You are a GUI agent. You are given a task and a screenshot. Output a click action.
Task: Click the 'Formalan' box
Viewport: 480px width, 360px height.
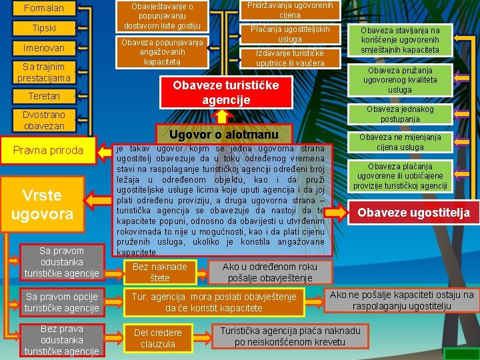point(44,9)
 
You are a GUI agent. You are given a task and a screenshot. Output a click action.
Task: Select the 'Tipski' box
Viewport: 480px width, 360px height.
point(44,28)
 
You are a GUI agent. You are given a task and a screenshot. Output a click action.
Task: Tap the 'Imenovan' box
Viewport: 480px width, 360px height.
point(44,48)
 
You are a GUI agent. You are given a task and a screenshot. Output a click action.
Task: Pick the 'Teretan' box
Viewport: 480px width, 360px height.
point(44,96)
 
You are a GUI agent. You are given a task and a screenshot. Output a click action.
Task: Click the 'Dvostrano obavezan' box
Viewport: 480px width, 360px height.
point(44,120)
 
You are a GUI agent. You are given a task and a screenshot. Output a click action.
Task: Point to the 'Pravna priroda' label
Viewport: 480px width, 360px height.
point(49,150)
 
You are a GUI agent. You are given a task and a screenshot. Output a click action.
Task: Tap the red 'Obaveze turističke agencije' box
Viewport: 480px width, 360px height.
point(225,93)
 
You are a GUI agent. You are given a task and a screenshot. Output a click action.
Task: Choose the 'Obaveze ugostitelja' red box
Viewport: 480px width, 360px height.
point(413,213)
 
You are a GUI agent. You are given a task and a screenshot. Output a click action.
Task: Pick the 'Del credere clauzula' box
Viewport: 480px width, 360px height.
point(158,338)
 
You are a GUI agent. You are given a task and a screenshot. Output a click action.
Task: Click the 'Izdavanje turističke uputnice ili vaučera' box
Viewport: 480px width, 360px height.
point(290,58)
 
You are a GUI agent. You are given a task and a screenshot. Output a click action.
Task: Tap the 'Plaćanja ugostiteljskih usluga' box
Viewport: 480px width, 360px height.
point(290,34)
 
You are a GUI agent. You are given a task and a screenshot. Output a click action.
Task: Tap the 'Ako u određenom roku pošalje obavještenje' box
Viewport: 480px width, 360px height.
point(270,272)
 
